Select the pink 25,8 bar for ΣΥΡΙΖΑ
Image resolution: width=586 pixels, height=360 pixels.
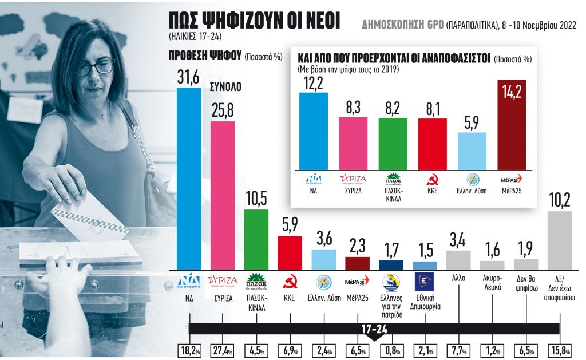click(x=223, y=195)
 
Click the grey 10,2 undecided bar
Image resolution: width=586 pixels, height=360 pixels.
click(x=560, y=240)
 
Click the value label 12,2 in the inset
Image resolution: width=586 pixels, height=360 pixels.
click(x=314, y=84)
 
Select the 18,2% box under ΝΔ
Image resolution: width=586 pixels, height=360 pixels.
click(x=189, y=350)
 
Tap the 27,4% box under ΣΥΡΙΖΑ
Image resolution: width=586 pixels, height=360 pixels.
click(x=223, y=350)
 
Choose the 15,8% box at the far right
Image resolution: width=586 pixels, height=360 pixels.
click(x=560, y=350)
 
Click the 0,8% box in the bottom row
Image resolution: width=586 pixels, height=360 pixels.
click(x=391, y=350)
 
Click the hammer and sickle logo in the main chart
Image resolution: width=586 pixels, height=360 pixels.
click(x=290, y=281)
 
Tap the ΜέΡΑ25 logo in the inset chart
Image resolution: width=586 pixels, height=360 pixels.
click(x=512, y=178)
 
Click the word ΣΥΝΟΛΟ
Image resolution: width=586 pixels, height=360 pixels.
click(x=226, y=88)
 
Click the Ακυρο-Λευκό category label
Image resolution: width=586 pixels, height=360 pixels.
click(x=492, y=283)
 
